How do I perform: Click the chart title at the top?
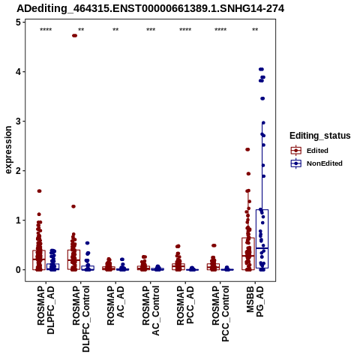point(151,9)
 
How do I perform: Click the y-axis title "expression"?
point(8,150)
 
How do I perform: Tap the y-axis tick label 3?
point(18,121)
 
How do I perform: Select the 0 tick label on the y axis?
point(18,270)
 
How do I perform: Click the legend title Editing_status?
point(320,136)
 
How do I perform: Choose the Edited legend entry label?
point(317,151)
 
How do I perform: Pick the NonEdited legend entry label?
point(325,163)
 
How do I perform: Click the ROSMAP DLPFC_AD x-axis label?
point(46,310)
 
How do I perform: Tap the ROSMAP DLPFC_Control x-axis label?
point(81,319)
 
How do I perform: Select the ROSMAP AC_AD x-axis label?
point(115,305)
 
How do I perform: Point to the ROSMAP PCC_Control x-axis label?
point(220,313)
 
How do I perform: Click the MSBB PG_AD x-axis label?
point(255,301)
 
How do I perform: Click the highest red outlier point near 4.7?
point(74,35)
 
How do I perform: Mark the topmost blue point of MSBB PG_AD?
point(261,69)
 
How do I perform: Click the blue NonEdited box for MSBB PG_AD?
point(262,238)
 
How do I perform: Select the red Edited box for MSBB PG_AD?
point(248,253)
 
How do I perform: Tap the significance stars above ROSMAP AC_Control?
point(151,29)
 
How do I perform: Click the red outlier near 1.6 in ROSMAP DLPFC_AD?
point(39,191)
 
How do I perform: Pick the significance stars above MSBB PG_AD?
point(255,29)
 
